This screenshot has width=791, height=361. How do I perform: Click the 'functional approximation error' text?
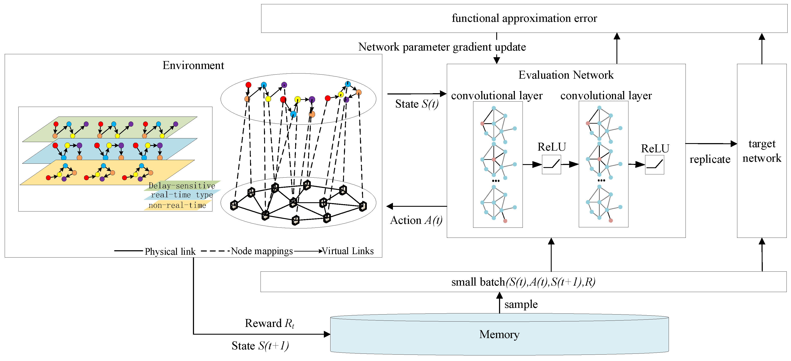pos(524,18)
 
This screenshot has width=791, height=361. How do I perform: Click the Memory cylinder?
pos(499,335)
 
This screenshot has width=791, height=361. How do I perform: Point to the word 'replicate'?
pos(710,159)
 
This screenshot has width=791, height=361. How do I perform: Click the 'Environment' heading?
pos(193,66)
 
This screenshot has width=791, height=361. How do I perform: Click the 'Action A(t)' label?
pos(416,220)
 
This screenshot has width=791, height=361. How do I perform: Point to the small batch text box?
pos(523,282)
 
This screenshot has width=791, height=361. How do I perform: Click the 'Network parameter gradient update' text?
pos(442,47)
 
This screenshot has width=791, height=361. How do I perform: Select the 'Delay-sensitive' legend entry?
pos(182,186)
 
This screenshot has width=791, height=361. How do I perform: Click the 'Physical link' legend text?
pos(170,252)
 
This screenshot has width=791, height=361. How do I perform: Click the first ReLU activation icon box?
pos(551,165)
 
